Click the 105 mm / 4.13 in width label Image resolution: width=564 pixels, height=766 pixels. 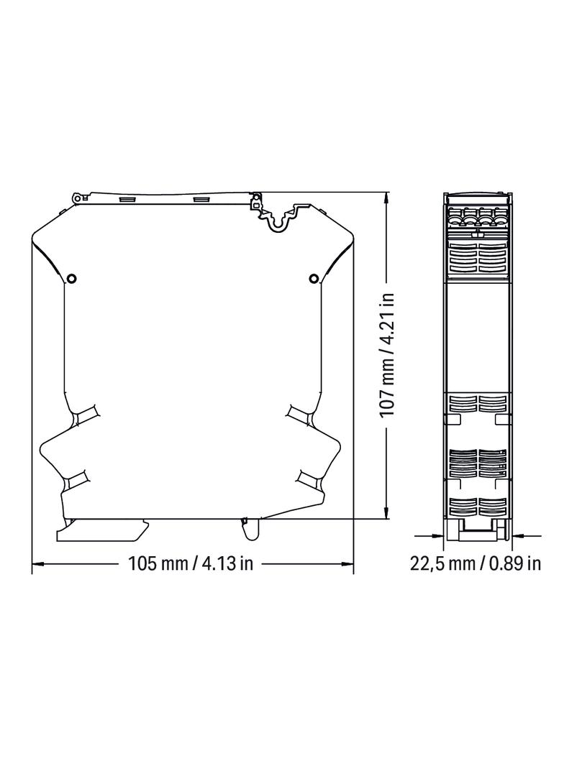tap(191, 563)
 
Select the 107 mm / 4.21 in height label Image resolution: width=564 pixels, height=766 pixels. tap(388, 354)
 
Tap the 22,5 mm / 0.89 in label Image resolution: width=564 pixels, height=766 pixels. tap(476, 563)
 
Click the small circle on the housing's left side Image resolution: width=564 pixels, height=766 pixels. tap(71, 279)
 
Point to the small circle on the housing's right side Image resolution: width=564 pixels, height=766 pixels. tap(314, 279)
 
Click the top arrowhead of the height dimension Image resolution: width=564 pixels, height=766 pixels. tap(387, 198)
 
